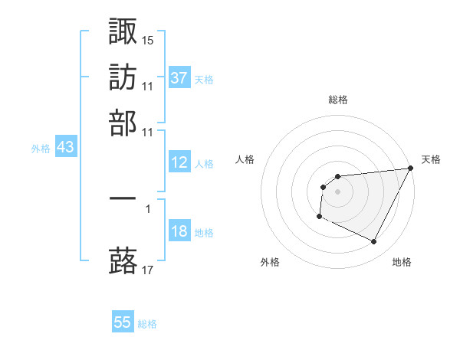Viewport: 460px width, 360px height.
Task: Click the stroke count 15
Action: [x=148, y=39]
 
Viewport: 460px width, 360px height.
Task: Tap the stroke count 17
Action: [x=148, y=270]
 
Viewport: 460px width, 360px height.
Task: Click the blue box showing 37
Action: [x=179, y=77]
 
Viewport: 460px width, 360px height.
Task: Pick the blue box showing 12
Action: [x=179, y=162]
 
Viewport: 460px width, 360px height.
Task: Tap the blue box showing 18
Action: [x=179, y=232]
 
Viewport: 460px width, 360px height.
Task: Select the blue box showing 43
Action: [x=65, y=147]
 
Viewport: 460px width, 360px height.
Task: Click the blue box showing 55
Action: [x=123, y=322]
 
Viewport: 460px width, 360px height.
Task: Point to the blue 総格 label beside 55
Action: [x=147, y=324]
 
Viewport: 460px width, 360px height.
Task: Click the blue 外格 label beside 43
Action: [x=41, y=149]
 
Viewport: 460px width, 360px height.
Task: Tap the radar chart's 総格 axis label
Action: [x=337, y=100]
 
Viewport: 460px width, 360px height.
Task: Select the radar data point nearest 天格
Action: [x=411, y=169]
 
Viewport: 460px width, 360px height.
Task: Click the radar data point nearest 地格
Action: [x=374, y=242]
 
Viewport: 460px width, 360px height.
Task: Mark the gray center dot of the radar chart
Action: [x=337, y=191]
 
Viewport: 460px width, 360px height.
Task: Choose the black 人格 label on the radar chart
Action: [x=245, y=159]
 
